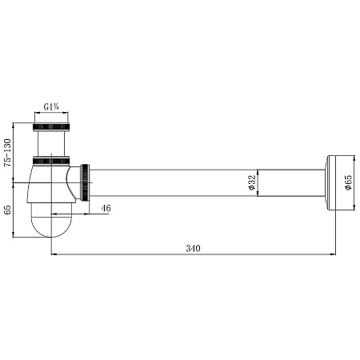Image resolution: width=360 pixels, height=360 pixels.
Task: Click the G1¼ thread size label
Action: pyautogui.click(x=51, y=107)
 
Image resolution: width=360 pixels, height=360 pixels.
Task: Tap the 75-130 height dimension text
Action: pyautogui.click(x=8, y=153)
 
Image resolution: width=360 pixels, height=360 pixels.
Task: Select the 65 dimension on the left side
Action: pyautogui.click(x=8, y=210)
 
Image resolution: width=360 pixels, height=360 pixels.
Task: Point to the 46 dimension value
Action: pyautogui.click(x=106, y=208)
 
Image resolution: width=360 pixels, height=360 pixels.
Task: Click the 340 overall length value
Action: pyautogui.click(x=193, y=249)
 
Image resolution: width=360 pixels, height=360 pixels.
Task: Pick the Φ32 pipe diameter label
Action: pyautogui.click(x=252, y=182)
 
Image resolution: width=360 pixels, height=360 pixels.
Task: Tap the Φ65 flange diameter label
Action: pyautogui.click(x=348, y=182)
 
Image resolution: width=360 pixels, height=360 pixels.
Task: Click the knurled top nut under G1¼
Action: pyautogui.click(x=51, y=127)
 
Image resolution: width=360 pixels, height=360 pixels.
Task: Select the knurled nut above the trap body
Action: pyautogui.click(x=51, y=160)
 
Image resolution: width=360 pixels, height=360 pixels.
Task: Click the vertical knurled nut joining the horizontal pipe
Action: pyautogui.click(x=86, y=182)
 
